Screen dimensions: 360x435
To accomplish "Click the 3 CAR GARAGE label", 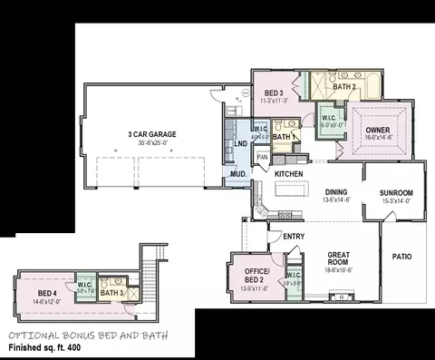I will (151, 134).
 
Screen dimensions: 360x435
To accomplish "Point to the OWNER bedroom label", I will (379, 130).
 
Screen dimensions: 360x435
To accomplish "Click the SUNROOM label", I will (396, 192).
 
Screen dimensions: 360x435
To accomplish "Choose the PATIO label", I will (402, 257).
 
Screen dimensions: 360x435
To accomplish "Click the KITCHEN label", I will (288, 173).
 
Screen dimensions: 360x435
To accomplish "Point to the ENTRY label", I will (294, 237).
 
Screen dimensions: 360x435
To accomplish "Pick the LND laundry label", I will (240, 143).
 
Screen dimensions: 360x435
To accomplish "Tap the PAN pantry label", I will (262, 157).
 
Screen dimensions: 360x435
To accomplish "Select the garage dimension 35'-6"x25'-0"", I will (151, 142).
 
